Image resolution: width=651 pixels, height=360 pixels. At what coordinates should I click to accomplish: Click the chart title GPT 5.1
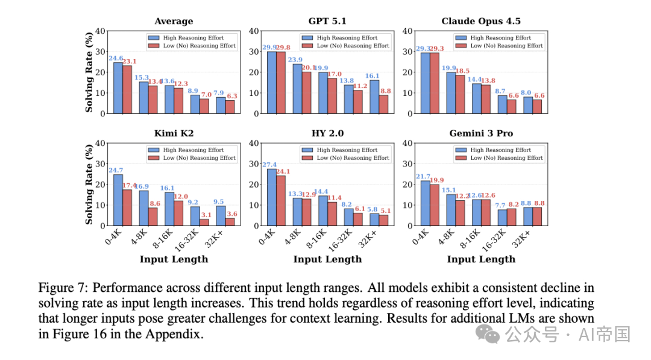pyautogui.click(x=327, y=21)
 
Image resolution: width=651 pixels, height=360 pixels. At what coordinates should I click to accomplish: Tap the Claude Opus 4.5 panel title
pyautogui.click(x=481, y=21)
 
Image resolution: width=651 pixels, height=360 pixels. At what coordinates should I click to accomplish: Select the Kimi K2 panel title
pyautogui.click(x=174, y=133)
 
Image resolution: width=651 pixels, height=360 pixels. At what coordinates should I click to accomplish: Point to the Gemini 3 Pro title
pyautogui.click(x=481, y=133)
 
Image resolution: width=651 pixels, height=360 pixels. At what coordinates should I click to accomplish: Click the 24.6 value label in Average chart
pyautogui.click(x=116, y=58)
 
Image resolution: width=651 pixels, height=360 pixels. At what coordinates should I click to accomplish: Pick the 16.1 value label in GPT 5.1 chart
pyautogui.click(x=372, y=75)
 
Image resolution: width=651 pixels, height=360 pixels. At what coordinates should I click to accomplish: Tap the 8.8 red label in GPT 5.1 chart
pyautogui.click(x=386, y=90)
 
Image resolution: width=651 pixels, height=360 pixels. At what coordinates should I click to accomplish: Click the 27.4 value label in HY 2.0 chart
pyautogui.click(x=269, y=165)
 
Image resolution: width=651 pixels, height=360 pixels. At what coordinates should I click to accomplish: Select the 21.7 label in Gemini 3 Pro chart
pyautogui.click(x=423, y=177)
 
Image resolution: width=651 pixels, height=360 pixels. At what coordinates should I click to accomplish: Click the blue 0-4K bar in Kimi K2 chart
pyautogui.click(x=118, y=200)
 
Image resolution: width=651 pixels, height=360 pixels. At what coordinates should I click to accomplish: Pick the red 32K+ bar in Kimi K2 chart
pyautogui.click(x=230, y=222)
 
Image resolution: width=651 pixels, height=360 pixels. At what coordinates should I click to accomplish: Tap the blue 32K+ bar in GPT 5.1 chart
pyautogui.click(x=374, y=96)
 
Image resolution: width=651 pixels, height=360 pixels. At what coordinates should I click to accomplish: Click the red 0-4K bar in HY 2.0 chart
pyautogui.click(x=281, y=201)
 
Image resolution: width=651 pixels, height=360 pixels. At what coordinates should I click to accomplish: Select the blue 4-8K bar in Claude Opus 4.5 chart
pyautogui.click(x=451, y=93)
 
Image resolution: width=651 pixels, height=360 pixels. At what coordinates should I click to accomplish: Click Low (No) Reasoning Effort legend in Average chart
pyautogui.click(x=192, y=46)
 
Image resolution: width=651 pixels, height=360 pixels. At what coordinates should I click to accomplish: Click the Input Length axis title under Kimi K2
pyautogui.click(x=174, y=259)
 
